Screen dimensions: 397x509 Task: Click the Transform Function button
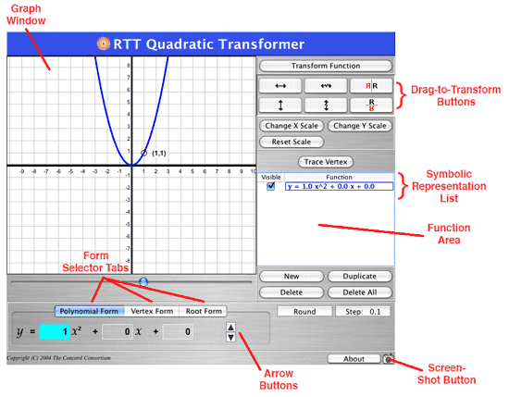[x=326, y=66]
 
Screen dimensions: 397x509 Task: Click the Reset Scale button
[x=292, y=142]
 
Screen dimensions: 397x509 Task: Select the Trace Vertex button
[x=325, y=162]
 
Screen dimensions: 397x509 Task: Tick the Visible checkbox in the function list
[x=271, y=186]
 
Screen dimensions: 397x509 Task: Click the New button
[x=292, y=276]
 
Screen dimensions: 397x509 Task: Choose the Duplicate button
[x=359, y=276]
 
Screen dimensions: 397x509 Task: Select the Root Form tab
[x=204, y=312]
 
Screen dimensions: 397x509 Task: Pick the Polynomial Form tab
[x=88, y=312]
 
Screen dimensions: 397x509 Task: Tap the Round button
[x=304, y=312]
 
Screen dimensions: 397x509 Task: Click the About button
[x=354, y=358]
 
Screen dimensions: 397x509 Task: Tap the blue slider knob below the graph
[x=143, y=280]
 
